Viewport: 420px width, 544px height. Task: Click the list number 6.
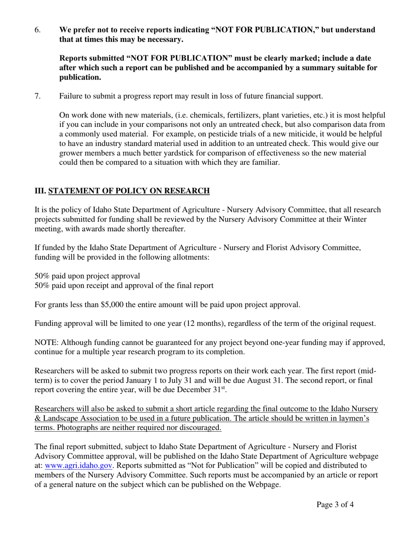click(38, 30)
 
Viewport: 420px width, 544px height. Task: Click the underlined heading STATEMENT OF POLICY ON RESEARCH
click(129, 191)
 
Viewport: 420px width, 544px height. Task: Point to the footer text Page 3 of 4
click(335, 505)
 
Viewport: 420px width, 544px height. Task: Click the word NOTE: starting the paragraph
click(46, 343)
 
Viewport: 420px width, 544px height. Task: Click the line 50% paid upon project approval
click(87, 276)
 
